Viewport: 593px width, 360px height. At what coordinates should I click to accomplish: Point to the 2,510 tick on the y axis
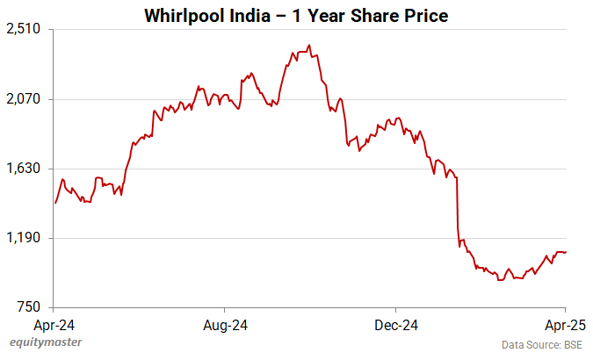click(24, 29)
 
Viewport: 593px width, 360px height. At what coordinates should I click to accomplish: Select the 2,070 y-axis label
click(24, 99)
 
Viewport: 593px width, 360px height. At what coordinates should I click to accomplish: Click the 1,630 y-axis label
click(24, 169)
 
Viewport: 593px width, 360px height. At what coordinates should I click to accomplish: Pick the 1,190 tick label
click(24, 238)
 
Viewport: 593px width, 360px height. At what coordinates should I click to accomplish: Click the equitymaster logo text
click(42, 342)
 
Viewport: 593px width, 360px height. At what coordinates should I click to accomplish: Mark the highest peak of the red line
click(309, 45)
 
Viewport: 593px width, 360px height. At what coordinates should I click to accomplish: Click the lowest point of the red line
click(499, 280)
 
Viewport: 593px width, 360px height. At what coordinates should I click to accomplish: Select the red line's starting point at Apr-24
click(54, 203)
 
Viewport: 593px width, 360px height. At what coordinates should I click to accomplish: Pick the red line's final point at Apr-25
click(566, 252)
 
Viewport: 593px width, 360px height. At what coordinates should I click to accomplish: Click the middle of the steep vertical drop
click(458, 211)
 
